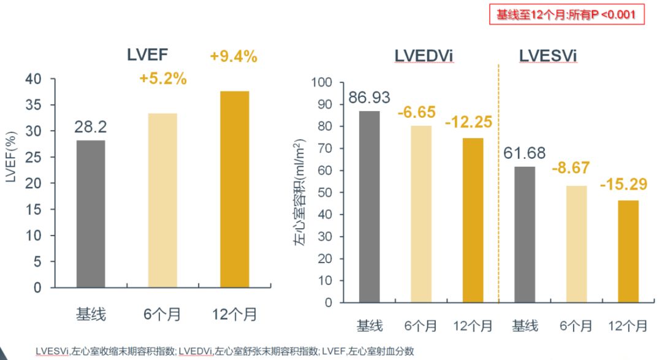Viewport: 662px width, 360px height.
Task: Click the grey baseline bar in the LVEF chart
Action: click(91, 213)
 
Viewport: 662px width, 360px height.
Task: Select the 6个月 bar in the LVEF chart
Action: click(162, 200)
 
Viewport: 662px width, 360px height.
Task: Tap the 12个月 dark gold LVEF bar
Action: click(233, 189)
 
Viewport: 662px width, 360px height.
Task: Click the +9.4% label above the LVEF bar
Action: click(233, 57)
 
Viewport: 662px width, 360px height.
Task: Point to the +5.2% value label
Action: click(162, 79)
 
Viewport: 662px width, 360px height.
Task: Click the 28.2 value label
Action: click(91, 128)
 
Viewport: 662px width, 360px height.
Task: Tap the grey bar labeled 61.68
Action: click(524, 234)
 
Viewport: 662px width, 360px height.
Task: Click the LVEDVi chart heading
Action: click(424, 56)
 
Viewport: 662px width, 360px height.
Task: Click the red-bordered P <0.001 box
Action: click(567, 14)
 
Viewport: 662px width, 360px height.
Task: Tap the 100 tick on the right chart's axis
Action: click(322, 83)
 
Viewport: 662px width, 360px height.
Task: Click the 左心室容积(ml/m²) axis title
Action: click(300, 193)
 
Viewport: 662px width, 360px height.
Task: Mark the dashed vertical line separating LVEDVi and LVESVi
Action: click(498, 184)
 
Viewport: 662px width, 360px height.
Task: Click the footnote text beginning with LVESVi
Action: click(224, 351)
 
